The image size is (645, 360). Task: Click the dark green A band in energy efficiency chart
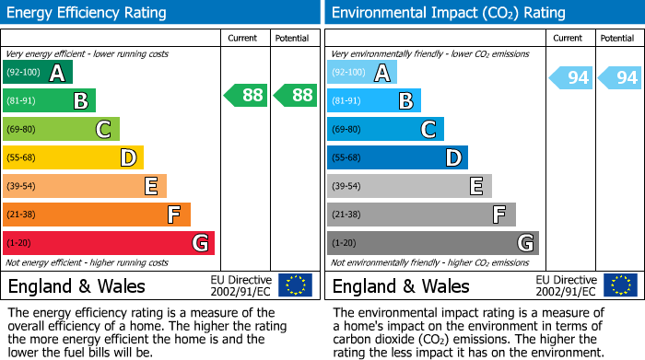click(x=38, y=72)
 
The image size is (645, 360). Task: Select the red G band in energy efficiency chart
click(x=109, y=243)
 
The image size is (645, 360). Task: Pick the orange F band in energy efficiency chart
click(x=97, y=215)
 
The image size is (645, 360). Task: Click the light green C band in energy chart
click(x=62, y=129)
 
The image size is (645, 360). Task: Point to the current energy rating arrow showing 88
click(x=245, y=94)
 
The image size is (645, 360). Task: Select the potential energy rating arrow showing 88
click(x=294, y=94)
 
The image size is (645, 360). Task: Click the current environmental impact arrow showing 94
click(x=570, y=77)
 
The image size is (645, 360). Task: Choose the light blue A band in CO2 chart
click(x=362, y=72)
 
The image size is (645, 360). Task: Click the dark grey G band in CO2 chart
click(x=432, y=243)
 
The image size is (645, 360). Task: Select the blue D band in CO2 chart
click(x=397, y=157)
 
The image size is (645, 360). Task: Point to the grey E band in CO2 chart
click(x=409, y=186)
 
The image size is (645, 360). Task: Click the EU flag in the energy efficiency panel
click(x=295, y=285)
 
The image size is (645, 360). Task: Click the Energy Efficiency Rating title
click(x=88, y=13)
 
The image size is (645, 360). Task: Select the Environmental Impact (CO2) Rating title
click(x=448, y=13)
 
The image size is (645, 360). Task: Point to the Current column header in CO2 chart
click(x=569, y=38)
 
